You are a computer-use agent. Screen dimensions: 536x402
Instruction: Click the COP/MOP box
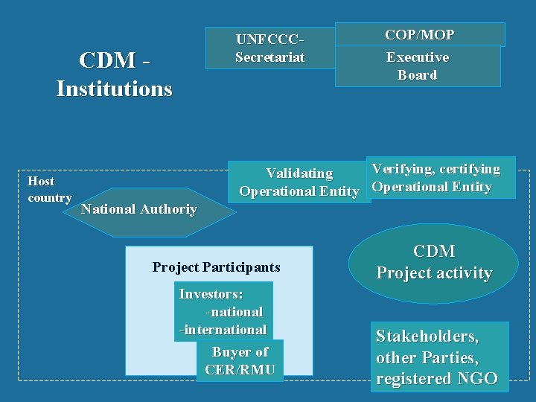tap(420, 34)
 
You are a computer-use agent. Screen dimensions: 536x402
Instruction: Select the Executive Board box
tap(417, 66)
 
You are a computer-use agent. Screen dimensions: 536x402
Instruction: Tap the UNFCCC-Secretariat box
tap(270, 48)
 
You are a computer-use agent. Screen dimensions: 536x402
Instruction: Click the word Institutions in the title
tap(114, 89)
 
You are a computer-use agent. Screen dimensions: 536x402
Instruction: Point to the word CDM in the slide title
tap(110, 60)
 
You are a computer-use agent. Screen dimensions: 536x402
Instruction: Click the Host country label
tap(49, 189)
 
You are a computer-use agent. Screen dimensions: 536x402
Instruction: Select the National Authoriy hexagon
tap(139, 209)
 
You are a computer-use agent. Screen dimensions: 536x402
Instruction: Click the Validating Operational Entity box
tap(299, 182)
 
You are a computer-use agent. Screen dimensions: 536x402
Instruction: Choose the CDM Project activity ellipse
tap(434, 263)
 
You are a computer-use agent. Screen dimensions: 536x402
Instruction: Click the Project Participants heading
tap(216, 267)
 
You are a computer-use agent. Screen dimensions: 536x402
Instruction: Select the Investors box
tap(223, 311)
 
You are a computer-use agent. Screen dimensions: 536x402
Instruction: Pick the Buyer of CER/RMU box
tap(240, 361)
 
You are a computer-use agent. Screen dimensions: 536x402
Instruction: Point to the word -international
tap(223, 329)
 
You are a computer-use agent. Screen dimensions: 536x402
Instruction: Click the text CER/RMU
tap(240, 370)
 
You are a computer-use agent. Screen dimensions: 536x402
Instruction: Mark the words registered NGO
tap(436, 378)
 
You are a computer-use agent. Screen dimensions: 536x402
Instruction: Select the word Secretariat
tap(270, 57)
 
